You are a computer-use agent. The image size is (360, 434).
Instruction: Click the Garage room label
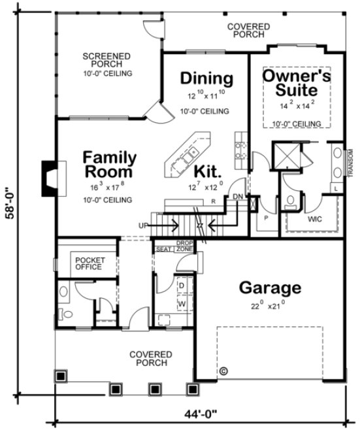tap(270, 287)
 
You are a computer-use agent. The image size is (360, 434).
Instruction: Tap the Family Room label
tap(110, 165)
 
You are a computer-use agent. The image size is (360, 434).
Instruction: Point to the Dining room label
tap(206, 78)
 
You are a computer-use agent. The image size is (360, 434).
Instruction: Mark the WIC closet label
tap(315, 220)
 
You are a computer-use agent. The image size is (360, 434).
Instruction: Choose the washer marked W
tap(181, 305)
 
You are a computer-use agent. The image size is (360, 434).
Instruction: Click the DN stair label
tap(238, 195)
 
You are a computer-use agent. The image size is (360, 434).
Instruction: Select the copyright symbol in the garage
tap(223, 370)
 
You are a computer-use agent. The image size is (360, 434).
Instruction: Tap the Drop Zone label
tap(184, 246)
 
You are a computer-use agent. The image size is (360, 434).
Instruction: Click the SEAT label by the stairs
tap(162, 248)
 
